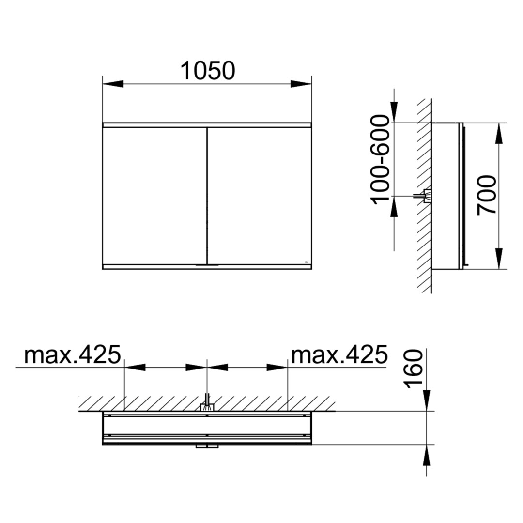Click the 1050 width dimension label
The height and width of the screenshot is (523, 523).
(208, 71)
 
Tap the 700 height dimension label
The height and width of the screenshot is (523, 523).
(487, 196)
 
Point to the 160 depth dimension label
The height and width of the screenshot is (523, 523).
(413, 369)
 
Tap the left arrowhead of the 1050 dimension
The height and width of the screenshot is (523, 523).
(113, 84)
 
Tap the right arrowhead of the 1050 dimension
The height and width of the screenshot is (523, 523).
(301, 84)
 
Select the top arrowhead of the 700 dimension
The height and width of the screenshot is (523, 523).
(499, 134)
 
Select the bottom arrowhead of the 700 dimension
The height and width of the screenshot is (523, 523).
(499, 259)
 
